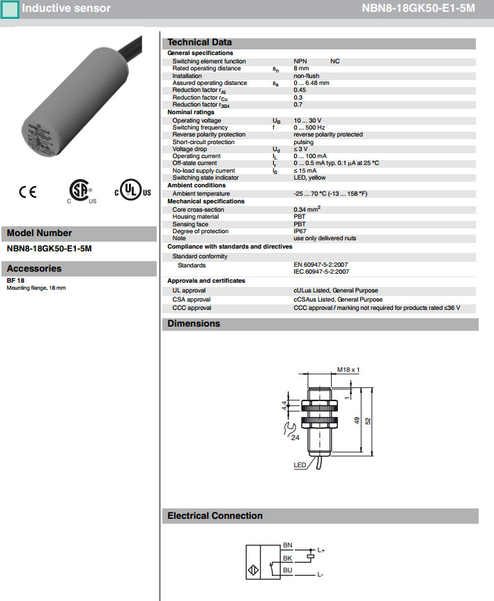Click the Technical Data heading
click(199, 42)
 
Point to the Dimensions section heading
click(194, 324)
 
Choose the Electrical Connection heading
click(215, 516)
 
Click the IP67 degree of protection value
click(300, 231)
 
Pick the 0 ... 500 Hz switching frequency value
click(309, 127)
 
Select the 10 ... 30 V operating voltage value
click(307, 120)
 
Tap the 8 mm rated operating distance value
click(301, 68)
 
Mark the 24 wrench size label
click(295, 438)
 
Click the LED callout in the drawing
click(300, 465)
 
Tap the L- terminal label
click(320, 575)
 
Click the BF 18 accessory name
click(16, 281)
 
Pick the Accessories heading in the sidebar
click(34, 269)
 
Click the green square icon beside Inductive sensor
click(10, 10)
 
